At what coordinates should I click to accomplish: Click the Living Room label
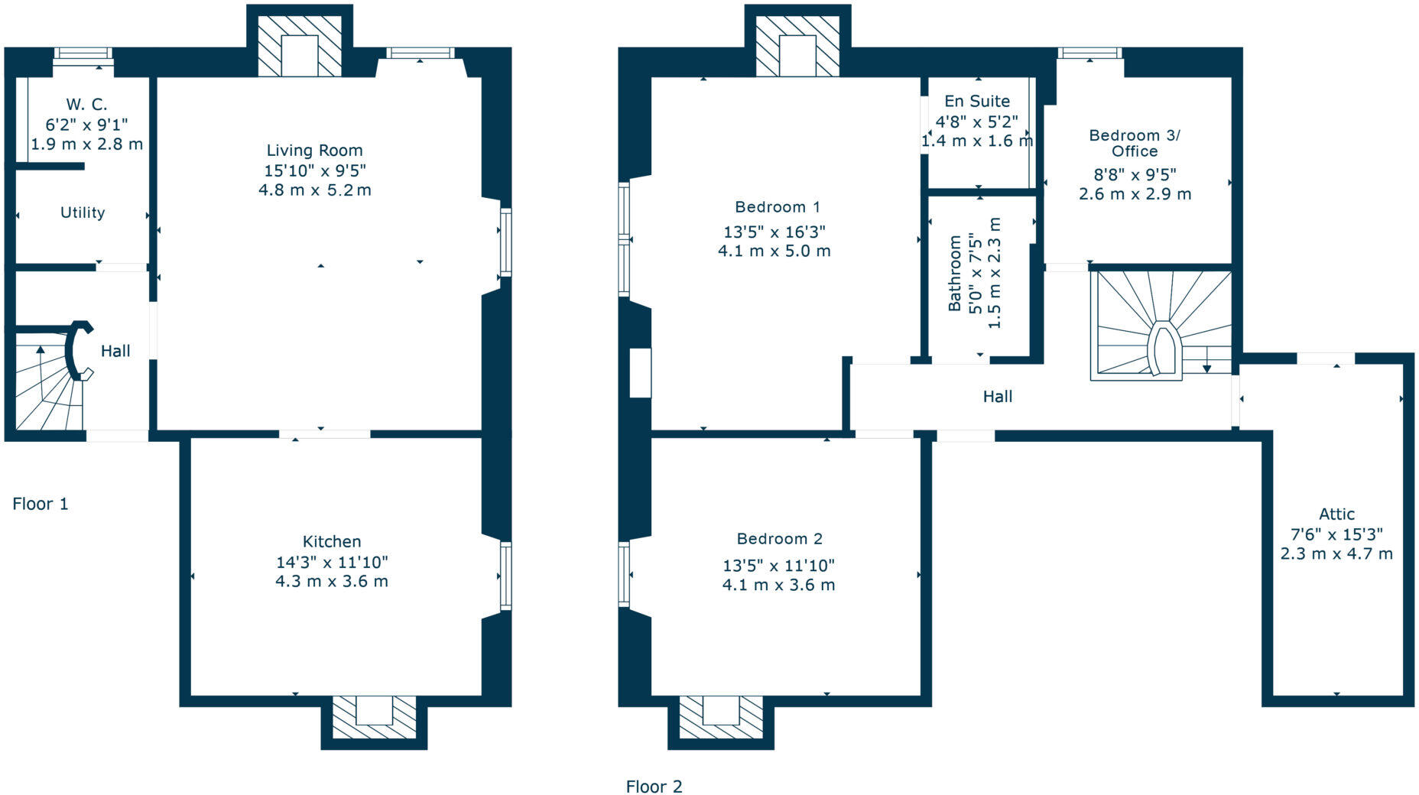click(314, 151)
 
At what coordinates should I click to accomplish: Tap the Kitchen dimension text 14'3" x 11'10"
click(332, 562)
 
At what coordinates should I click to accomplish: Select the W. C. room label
click(86, 105)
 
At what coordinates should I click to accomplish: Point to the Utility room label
click(83, 213)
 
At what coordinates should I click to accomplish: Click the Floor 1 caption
click(41, 504)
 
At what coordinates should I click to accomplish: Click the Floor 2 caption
click(654, 787)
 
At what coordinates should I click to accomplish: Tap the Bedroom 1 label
click(777, 207)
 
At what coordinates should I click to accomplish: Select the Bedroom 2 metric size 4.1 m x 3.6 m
click(778, 586)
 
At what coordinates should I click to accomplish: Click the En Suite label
click(976, 101)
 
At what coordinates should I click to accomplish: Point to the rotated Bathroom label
click(954, 273)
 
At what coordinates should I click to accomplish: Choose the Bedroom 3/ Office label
click(1134, 143)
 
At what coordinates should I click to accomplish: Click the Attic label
click(1336, 514)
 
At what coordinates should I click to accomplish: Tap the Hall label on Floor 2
click(997, 396)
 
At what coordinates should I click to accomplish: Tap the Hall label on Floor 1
click(115, 351)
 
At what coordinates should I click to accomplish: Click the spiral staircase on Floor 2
click(1161, 325)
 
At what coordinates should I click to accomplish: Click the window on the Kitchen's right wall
click(505, 576)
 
